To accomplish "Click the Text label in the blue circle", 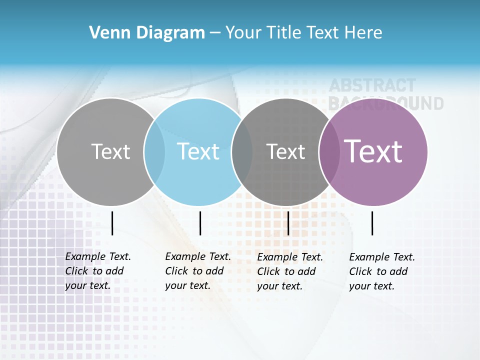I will click(198, 151).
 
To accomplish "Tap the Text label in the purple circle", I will click(373, 151).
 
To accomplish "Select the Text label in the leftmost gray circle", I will click(110, 151).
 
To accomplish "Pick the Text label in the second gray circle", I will click(285, 151).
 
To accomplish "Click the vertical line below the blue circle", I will click(200, 223).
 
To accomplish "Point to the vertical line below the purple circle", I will click(372, 223).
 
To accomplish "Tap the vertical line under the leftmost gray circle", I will click(112, 223).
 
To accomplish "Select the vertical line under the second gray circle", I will click(288, 223).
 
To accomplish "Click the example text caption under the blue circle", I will click(197, 271).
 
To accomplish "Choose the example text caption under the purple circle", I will click(381, 271).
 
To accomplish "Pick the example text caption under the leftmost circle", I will click(97, 271).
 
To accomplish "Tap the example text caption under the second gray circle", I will click(289, 271).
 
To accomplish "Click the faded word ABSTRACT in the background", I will click(372, 86).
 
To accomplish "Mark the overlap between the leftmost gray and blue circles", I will click(154, 152).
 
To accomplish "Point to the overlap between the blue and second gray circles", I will click(242, 152).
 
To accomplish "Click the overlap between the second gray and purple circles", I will click(329, 152).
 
